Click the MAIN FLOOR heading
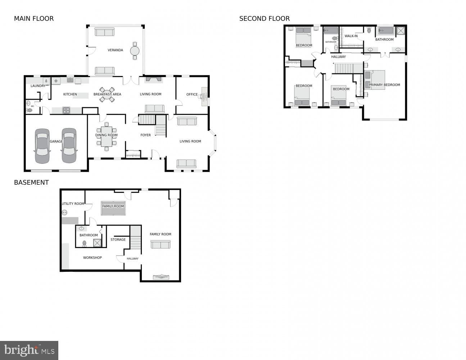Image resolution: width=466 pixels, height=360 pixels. [34, 19]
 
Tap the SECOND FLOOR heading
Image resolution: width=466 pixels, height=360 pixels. [264, 19]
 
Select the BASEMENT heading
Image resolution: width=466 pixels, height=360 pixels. [32, 183]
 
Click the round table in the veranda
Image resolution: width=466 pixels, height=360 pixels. [135, 51]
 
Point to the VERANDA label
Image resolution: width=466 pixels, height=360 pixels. [116, 50]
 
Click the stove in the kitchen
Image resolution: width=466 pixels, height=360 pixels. [66, 110]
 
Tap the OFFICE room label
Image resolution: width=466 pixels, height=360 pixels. [192, 94]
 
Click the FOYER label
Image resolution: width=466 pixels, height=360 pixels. [146, 135]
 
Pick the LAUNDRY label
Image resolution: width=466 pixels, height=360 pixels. [38, 86]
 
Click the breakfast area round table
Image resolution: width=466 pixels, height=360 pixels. [107, 95]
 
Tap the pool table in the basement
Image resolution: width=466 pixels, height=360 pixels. [113, 208]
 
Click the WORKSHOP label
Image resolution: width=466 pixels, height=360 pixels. [92, 258]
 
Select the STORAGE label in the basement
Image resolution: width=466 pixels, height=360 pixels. [118, 240]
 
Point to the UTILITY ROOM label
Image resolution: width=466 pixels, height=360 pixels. [73, 204]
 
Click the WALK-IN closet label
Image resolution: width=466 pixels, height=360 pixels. [351, 36]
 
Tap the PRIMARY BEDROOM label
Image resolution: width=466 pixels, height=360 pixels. [384, 85]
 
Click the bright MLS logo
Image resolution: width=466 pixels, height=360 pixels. [29, 351]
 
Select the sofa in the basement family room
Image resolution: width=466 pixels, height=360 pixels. [160, 244]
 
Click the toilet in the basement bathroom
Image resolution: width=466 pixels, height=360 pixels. [85, 243]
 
